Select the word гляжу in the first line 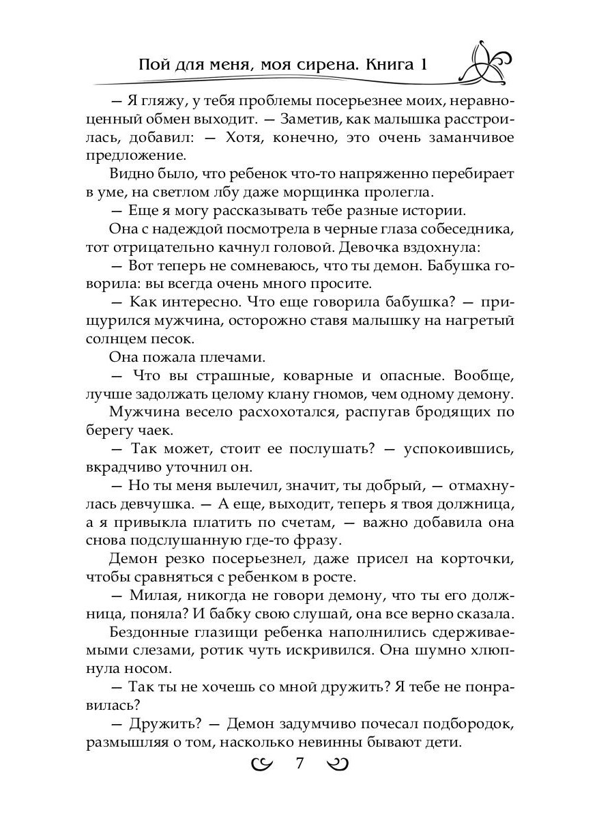pyautogui.click(x=157, y=100)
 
